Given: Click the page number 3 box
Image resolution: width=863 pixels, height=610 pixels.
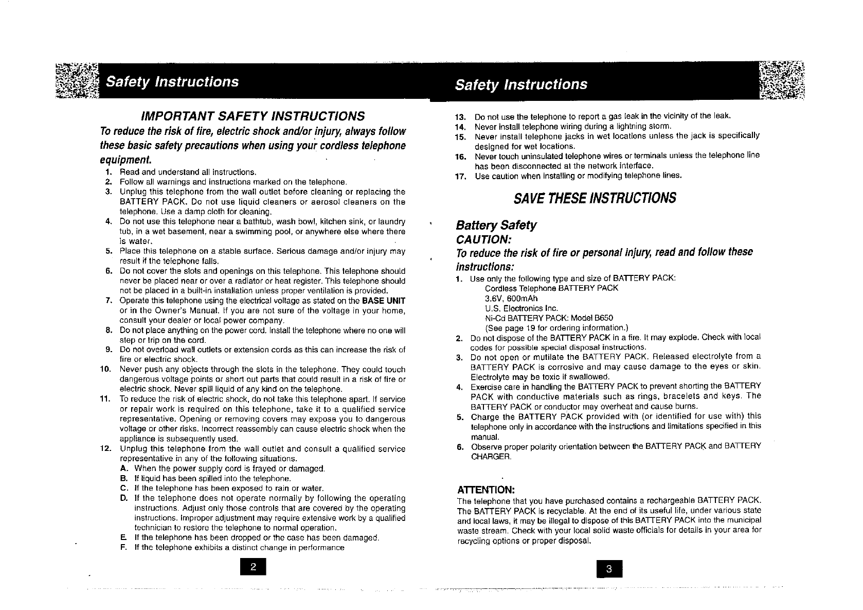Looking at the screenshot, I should click(609, 569).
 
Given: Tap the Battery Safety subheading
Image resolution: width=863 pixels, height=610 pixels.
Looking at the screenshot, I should click(496, 225).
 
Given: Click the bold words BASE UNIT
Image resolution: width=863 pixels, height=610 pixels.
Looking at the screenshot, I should click(384, 301).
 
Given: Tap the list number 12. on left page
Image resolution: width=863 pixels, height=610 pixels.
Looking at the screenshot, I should click(106, 448).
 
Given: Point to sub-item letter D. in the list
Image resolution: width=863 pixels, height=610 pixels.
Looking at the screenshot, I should click(123, 498).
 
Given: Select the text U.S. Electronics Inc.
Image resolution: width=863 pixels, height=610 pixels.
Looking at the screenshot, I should click(514, 308).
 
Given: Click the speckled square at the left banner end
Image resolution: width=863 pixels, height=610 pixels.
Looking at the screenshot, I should click(77, 82).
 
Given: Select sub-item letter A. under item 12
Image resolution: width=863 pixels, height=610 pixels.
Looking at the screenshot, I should click(123, 468).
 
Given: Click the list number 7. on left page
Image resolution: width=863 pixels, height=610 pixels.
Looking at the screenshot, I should click(109, 301).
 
